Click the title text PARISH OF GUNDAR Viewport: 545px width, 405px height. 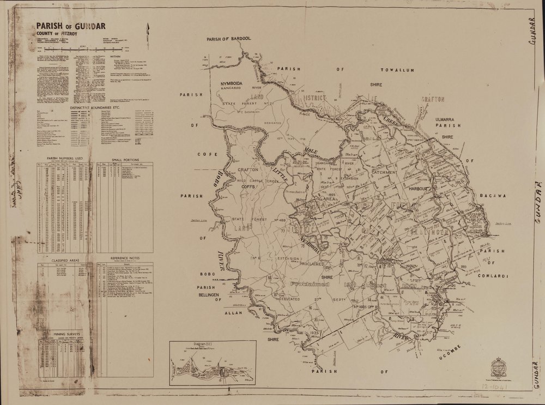click(x=71, y=26)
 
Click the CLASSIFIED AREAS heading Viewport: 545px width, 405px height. click(x=65, y=261)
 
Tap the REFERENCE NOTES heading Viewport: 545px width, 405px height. click(x=125, y=257)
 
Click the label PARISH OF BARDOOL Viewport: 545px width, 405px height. click(x=228, y=39)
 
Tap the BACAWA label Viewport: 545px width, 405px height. click(x=494, y=195)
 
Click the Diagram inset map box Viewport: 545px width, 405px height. click(x=213, y=362)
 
